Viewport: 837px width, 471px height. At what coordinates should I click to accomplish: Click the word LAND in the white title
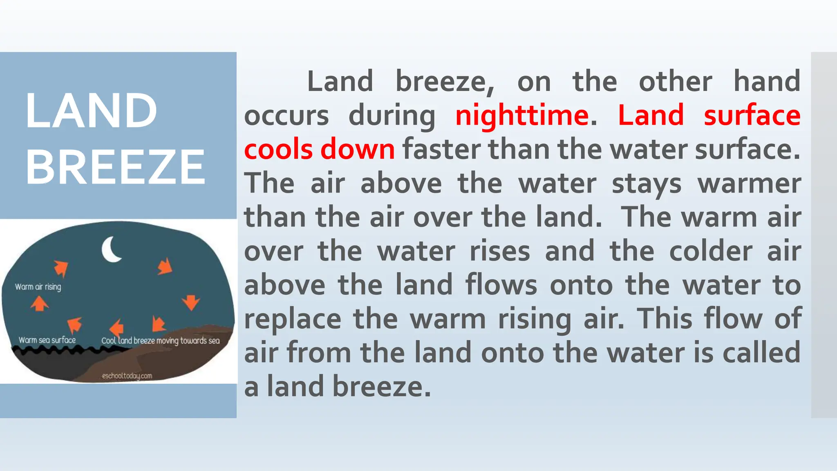pyautogui.click(x=91, y=111)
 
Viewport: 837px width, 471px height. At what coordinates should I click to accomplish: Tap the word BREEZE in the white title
pyautogui.click(x=115, y=167)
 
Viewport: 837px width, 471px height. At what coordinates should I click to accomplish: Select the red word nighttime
pyautogui.click(x=521, y=115)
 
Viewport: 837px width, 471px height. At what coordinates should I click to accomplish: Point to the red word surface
pyautogui.click(x=752, y=115)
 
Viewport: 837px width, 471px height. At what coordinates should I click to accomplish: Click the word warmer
pyautogui.click(x=749, y=183)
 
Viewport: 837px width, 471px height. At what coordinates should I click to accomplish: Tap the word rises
pyautogui.click(x=499, y=251)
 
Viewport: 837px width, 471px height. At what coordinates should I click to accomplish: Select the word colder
pyautogui.click(x=711, y=251)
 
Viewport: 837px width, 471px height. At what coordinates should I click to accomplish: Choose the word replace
pyautogui.click(x=292, y=319)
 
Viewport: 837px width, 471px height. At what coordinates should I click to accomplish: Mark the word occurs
pyautogui.click(x=286, y=115)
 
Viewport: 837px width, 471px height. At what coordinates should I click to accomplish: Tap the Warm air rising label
pyautogui.click(x=38, y=287)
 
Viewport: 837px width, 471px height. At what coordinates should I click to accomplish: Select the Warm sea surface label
pyautogui.click(x=47, y=340)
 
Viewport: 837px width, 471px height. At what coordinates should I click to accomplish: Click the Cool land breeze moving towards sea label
pyautogui.click(x=160, y=341)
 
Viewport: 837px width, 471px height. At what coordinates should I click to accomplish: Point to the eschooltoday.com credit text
pyautogui.click(x=127, y=376)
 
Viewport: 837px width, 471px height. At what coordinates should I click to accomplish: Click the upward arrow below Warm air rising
pyautogui.click(x=40, y=304)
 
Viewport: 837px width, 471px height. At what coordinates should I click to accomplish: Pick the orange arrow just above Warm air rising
pyautogui.click(x=61, y=269)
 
